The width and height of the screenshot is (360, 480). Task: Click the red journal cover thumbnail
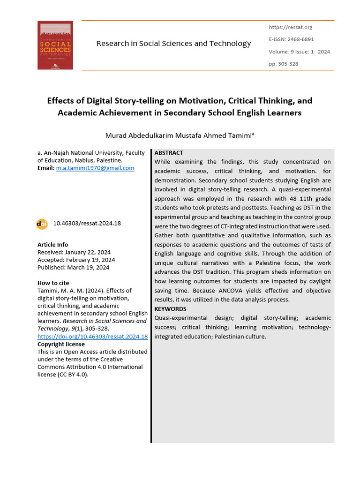coord(55,45)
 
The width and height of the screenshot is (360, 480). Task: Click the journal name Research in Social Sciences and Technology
coord(173,44)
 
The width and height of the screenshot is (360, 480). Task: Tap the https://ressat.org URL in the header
coord(290,28)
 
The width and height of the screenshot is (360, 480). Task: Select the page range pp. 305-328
coord(283,64)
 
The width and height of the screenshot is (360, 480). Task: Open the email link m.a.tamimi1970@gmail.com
coord(95,168)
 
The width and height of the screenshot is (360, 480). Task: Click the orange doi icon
coord(42,224)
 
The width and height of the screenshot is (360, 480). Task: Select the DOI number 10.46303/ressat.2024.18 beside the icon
coord(87,224)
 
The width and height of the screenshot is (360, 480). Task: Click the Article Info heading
coord(52,245)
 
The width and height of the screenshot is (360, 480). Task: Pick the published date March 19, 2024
coord(88,267)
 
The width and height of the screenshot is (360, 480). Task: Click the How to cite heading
coord(53,283)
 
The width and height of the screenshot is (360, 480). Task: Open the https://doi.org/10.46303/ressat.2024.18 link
coord(92,337)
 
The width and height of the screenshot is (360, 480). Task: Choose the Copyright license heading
coord(61,344)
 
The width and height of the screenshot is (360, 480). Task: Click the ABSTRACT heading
coord(169,153)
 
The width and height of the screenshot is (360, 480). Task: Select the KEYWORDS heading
coord(170,309)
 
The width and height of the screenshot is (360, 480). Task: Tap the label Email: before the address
coord(46,168)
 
